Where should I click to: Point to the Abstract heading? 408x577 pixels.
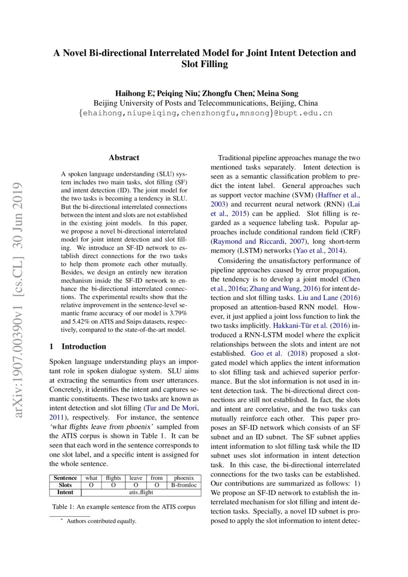click(124, 158)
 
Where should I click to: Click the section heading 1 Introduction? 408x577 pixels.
click(78, 346)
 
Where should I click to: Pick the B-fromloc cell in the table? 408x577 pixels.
click(184, 485)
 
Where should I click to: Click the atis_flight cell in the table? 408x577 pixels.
click(141, 492)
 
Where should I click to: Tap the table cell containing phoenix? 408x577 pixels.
click(184, 478)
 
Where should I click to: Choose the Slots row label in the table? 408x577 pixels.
click(65, 485)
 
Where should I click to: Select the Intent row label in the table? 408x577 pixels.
click(65, 492)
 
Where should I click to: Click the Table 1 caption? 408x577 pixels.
click(124, 507)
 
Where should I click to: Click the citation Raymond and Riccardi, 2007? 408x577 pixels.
click(251, 241)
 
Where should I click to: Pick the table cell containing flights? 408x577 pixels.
click(113, 478)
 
